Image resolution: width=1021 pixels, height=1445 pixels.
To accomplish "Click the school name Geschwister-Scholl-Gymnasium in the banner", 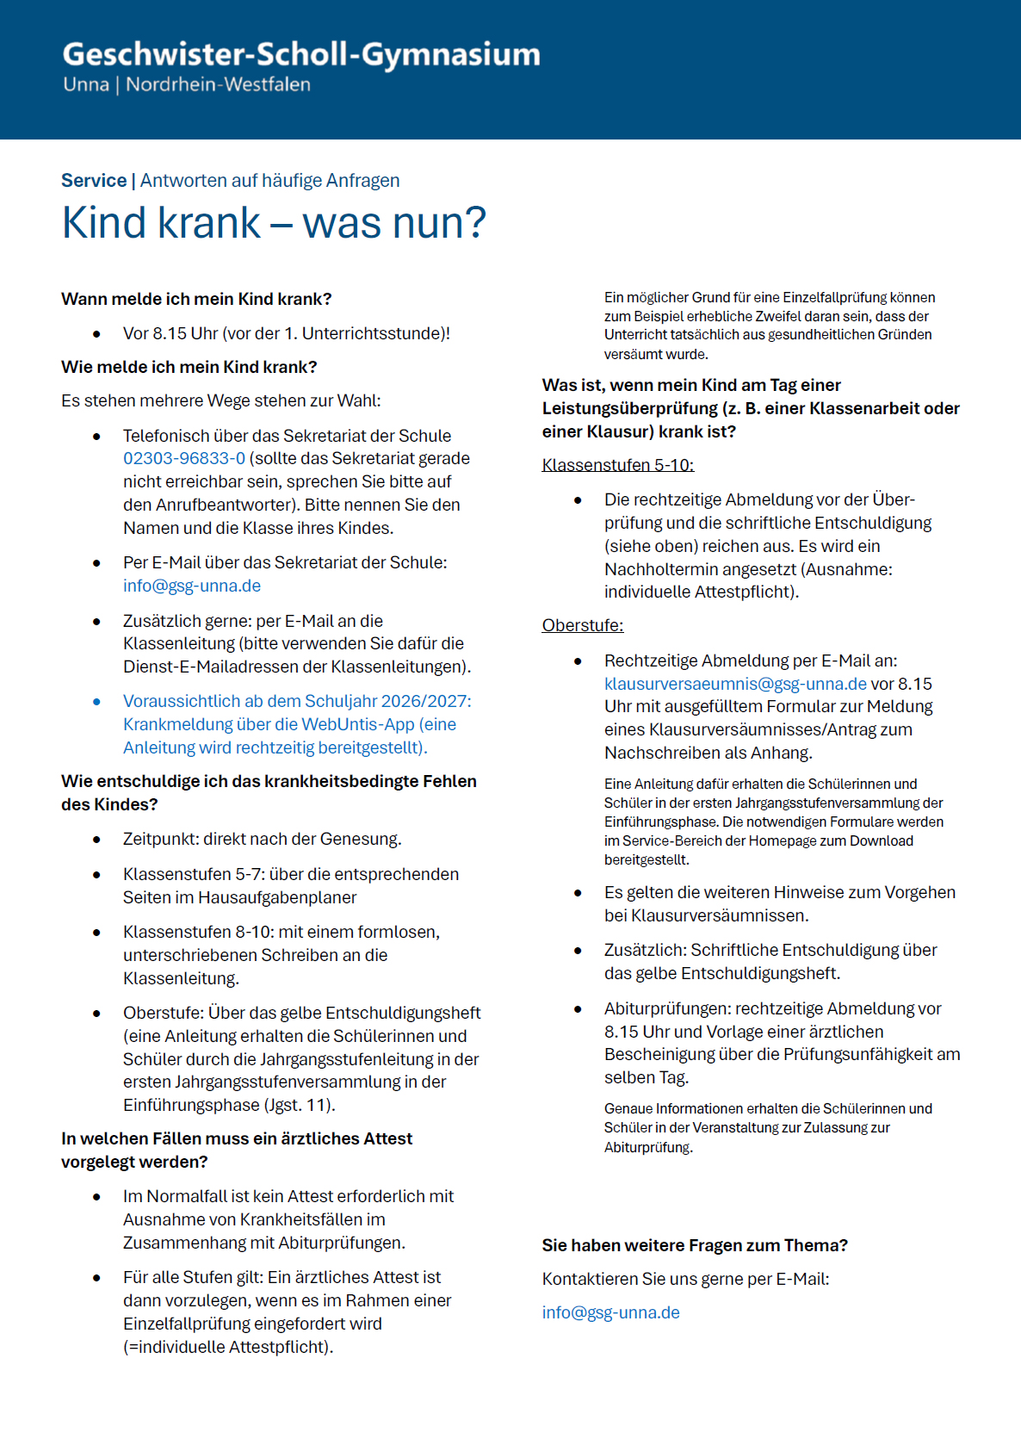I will (x=301, y=54).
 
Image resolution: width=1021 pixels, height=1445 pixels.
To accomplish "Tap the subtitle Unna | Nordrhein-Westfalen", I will (x=187, y=84).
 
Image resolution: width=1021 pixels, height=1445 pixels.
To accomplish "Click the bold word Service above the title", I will (x=94, y=181).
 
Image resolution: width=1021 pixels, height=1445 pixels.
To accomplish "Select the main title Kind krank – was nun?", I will (x=274, y=222).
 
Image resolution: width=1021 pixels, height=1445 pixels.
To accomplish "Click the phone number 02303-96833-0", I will (x=183, y=459).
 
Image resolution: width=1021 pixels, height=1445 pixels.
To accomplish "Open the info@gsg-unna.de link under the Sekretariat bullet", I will (x=191, y=586).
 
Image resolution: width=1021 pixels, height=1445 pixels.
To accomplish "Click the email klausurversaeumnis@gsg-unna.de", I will (x=735, y=685).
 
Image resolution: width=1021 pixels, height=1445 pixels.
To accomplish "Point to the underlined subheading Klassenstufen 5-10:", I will (x=617, y=466).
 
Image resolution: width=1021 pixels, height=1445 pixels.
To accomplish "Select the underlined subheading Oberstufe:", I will (x=582, y=626).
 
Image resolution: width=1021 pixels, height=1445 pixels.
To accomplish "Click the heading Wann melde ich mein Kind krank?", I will (x=196, y=300).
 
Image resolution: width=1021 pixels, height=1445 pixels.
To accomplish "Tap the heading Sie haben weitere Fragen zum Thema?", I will (x=695, y=1246).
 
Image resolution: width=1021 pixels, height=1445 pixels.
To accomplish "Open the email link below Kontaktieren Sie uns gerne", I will (x=610, y=1313).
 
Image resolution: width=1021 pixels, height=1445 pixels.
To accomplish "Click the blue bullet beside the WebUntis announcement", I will (x=97, y=702).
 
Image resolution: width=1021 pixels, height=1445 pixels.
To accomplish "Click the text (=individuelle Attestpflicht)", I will (x=228, y=1348).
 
